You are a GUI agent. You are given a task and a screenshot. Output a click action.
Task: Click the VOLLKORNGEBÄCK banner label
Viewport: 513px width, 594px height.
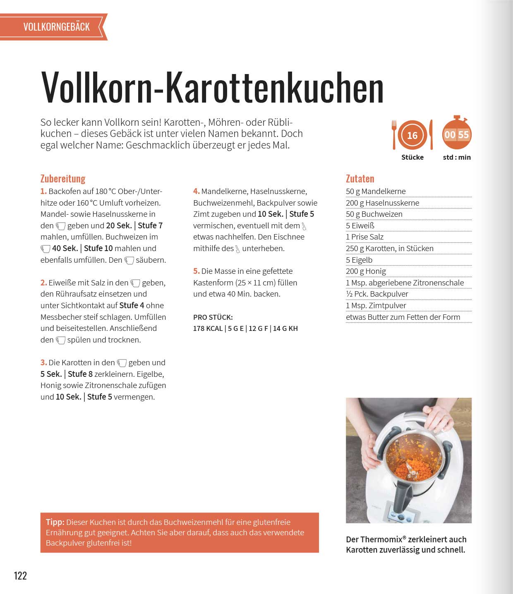click(57, 27)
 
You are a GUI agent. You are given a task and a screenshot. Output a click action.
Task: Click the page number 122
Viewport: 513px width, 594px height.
click(20, 575)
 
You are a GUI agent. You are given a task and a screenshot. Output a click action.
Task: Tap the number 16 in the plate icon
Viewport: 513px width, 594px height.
click(412, 135)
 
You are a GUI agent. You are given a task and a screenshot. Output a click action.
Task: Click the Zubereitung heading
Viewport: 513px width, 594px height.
click(63, 179)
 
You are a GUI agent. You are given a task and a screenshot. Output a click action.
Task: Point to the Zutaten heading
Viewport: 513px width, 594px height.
click(360, 179)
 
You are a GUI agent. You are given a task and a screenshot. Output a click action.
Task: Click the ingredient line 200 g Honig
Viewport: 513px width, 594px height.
click(366, 271)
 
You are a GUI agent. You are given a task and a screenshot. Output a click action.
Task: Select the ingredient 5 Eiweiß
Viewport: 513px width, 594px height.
click(360, 225)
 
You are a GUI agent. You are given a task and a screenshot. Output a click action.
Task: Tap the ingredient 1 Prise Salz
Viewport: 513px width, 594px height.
click(364, 237)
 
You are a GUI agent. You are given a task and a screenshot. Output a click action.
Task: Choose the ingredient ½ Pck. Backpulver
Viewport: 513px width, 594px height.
click(377, 294)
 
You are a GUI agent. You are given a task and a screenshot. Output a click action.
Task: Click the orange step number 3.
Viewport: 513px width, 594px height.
click(43, 363)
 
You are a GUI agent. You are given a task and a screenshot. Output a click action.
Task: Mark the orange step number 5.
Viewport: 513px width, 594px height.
click(196, 271)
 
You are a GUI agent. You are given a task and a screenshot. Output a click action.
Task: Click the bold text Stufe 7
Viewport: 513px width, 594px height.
click(150, 225)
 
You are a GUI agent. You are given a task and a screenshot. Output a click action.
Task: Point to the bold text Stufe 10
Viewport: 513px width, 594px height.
click(98, 249)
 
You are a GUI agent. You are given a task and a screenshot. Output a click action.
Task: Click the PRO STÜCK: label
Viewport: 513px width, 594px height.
click(213, 317)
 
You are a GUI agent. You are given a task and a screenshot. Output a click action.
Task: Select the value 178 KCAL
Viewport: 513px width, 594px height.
click(208, 328)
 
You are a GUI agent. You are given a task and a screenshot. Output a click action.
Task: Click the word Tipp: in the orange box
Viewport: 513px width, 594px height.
click(55, 522)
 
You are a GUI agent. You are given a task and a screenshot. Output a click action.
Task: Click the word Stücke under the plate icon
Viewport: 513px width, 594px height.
click(412, 157)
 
